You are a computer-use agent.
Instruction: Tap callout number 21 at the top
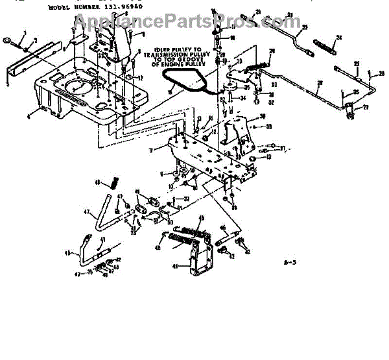pos(258,13)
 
